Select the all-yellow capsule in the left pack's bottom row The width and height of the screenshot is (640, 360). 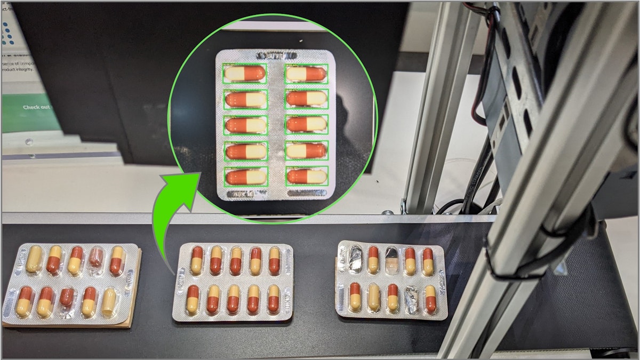tap(109, 302)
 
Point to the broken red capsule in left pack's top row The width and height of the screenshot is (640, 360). tap(96, 258)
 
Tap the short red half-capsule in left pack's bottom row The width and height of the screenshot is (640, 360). tap(67, 298)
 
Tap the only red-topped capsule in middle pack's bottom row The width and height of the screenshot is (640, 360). tap(193, 299)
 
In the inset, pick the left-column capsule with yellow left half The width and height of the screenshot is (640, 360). tap(245, 73)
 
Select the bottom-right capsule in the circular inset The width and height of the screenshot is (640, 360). tap(306, 176)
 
